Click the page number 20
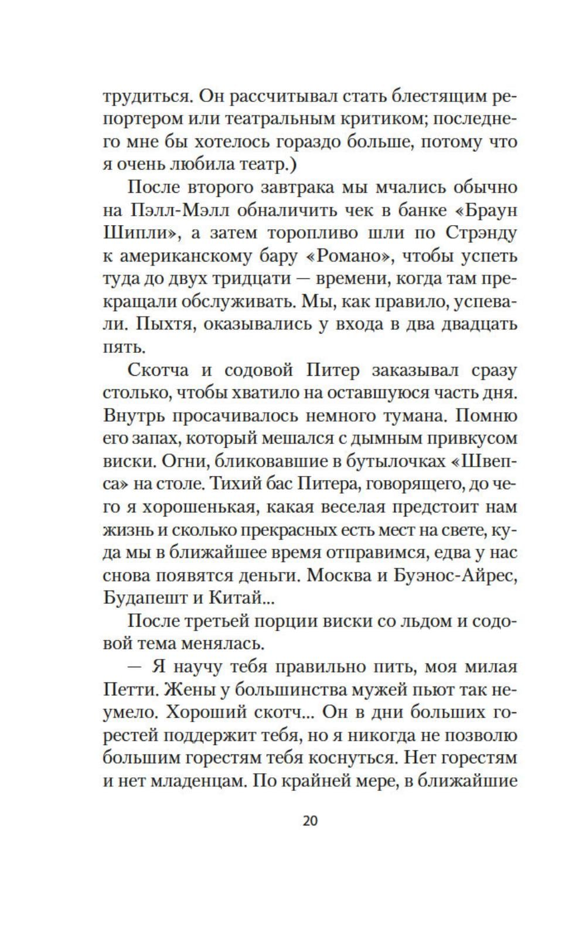click(x=310, y=821)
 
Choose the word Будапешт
click(x=144, y=599)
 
